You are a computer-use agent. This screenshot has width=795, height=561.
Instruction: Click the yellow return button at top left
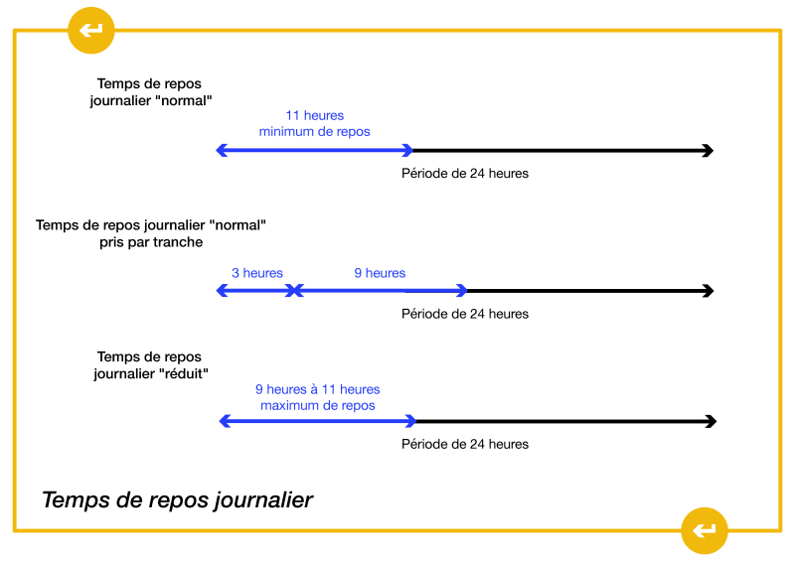[x=91, y=31]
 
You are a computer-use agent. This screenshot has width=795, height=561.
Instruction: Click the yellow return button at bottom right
[x=705, y=530]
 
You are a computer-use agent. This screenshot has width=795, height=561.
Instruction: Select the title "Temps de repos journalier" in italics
[x=177, y=499]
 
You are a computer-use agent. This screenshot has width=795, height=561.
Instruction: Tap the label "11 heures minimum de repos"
[x=314, y=124]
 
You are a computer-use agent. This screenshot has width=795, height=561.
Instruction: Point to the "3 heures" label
[x=257, y=273]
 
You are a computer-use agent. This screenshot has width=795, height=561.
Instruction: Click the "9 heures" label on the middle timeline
[x=380, y=273]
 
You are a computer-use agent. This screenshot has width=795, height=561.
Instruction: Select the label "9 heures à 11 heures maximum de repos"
[x=317, y=397]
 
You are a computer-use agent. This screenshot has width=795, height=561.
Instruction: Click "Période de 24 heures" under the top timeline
[x=464, y=174]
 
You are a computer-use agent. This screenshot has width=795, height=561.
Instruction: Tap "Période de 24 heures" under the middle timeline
[x=464, y=314]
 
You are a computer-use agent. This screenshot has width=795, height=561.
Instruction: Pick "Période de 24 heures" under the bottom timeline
[x=464, y=444]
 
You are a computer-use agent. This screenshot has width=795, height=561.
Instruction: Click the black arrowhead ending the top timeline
[x=708, y=151]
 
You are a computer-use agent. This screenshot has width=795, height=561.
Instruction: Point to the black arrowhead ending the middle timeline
[x=708, y=291]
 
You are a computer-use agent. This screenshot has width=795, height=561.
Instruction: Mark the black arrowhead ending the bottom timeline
[x=710, y=422]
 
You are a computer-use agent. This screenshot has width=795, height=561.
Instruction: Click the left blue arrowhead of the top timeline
[x=222, y=151]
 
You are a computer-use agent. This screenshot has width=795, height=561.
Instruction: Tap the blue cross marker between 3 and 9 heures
[x=293, y=291]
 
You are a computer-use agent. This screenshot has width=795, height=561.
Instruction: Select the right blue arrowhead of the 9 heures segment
[x=461, y=291]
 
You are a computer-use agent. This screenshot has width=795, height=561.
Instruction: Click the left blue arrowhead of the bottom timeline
[x=225, y=422]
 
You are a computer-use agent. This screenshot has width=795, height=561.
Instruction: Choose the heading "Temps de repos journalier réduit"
[x=149, y=365]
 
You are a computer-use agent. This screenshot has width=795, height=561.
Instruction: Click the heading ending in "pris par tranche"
[x=151, y=233]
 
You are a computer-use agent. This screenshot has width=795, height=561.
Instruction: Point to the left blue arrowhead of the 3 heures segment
[x=222, y=291]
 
